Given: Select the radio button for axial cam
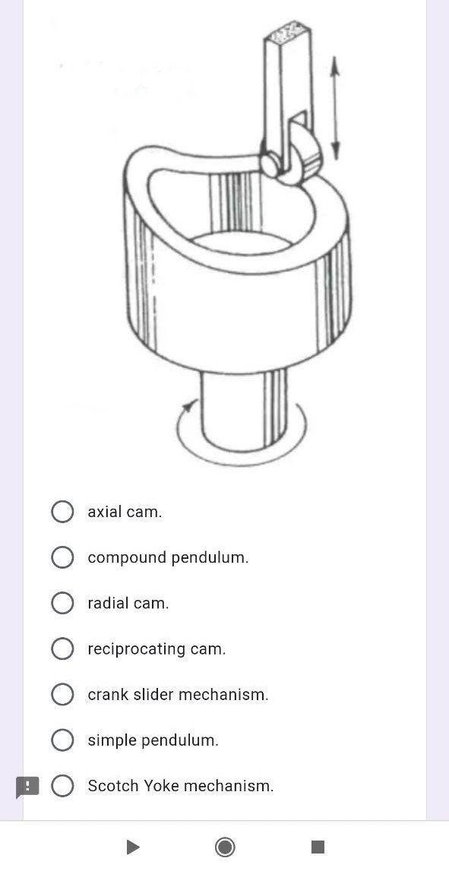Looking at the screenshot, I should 62,512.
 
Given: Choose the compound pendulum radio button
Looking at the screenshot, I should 62,557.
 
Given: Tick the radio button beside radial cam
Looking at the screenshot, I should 62,603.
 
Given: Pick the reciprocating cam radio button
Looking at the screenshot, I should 62,648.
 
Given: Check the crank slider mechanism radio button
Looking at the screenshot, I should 62,694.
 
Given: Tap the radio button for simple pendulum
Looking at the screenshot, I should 62,740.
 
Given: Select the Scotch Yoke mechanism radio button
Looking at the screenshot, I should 62,785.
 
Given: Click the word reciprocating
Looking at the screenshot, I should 137,649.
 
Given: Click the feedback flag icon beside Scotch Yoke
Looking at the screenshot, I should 27,787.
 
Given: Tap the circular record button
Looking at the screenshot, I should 225,847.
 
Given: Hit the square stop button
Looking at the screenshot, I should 318,847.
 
